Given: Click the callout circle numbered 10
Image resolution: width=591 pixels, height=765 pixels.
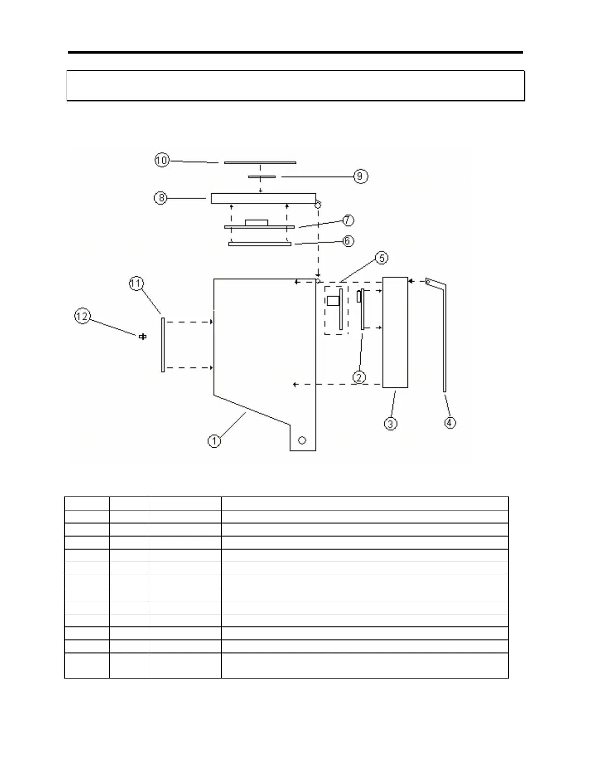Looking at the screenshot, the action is [162, 160].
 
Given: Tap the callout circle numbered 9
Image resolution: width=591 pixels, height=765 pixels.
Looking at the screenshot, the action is [360, 176].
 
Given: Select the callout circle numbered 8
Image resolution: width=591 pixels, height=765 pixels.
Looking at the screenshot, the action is [161, 198].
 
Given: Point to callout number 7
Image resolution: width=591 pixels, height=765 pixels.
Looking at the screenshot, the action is [348, 220].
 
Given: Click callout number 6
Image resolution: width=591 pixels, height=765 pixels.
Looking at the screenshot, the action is [348, 241].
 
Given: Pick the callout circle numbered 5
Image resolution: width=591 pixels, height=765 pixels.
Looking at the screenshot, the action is [381, 258].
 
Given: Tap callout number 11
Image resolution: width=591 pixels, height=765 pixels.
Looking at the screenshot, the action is [136, 283].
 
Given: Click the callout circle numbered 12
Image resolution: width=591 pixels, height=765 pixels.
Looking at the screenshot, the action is [82, 316].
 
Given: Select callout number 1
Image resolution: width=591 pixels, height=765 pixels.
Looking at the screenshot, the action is [214, 440].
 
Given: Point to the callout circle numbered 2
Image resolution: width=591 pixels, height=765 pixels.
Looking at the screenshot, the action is [359, 377].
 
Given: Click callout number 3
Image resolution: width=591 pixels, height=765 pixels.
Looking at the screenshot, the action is [390, 424].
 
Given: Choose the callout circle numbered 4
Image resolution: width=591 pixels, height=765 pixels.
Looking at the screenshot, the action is [450, 423].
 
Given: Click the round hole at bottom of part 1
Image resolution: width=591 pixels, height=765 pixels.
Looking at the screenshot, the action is [302, 440].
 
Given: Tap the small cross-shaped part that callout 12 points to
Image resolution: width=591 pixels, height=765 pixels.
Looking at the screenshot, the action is [142, 337].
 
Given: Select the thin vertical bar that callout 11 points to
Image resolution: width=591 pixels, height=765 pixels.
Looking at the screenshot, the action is [163, 344].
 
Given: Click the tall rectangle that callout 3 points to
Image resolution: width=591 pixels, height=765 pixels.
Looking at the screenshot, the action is [395, 332].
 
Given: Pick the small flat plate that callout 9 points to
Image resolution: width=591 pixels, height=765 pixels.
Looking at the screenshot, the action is [262, 177].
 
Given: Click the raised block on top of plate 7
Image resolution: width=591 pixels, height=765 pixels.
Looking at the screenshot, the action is [256, 223].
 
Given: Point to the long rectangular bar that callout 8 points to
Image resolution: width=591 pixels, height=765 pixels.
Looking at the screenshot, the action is [263, 198].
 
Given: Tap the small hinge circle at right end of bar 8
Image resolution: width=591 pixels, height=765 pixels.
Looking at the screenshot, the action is [318, 205].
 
